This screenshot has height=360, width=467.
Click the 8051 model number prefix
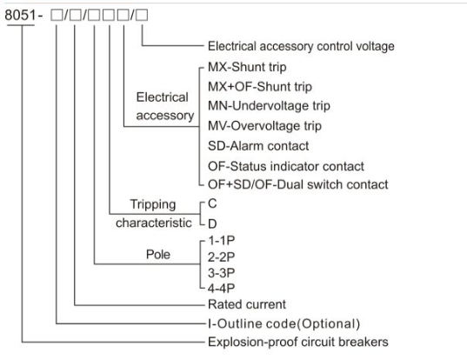coord(20,15)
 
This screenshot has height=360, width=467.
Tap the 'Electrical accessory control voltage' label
coord(301,46)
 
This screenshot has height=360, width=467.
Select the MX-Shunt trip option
coord(247,67)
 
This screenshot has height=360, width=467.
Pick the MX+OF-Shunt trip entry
coord(260,87)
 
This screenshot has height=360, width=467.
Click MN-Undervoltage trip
coord(269,106)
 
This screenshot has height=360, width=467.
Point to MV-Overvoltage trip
coord(264,126)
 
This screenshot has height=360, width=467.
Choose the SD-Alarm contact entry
coord(258,146)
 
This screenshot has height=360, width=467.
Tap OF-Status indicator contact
coord(285,166)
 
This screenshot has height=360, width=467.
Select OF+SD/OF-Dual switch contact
coord(297,184)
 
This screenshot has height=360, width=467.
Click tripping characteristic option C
coord(212,204)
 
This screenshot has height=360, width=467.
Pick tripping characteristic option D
coord(212,223)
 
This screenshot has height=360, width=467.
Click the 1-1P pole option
coord(221,240)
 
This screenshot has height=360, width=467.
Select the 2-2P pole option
coord(221,257)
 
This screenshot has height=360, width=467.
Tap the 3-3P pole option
coord(221,273)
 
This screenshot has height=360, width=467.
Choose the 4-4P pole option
coord(221,288)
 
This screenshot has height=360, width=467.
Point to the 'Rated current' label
coord(247,304)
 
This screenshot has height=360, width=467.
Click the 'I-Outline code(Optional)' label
coord(284,323)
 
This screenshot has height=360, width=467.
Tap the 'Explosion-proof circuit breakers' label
coord(297,342)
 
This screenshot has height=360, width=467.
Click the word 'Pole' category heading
coord(158,255)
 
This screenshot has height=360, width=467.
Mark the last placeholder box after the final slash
coord(142,15)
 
